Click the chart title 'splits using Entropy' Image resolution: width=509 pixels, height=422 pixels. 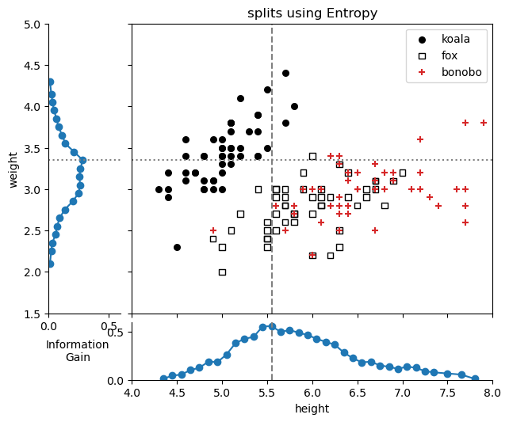coord(312,13)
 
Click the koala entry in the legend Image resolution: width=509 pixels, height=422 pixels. coord(455,39)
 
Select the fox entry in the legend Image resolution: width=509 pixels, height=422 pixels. coord(449,55)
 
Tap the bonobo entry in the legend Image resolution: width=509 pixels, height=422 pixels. coord(461,72)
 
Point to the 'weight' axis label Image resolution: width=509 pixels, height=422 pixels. coord(13,169)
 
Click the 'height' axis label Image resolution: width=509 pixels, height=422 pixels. coord(312,409)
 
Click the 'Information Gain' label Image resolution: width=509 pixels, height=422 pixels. coord(77,351)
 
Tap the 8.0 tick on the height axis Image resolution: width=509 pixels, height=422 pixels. coord(492,392)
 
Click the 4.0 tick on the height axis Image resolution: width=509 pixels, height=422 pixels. coord(132,392)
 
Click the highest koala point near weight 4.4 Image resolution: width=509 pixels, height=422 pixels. coord(285,73)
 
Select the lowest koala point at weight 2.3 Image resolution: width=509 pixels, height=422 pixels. coord(177,247)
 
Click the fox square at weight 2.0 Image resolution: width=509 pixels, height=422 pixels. coord(222,272)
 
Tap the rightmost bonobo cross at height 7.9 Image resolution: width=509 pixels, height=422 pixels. coord(484,123)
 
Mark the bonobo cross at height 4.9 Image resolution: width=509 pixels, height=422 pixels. coord(213,230)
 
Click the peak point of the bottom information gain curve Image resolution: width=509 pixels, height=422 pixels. coord(272,326)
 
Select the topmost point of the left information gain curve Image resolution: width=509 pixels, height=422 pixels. coord(50,82)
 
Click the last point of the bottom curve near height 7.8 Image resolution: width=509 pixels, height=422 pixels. coord(475,378)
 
